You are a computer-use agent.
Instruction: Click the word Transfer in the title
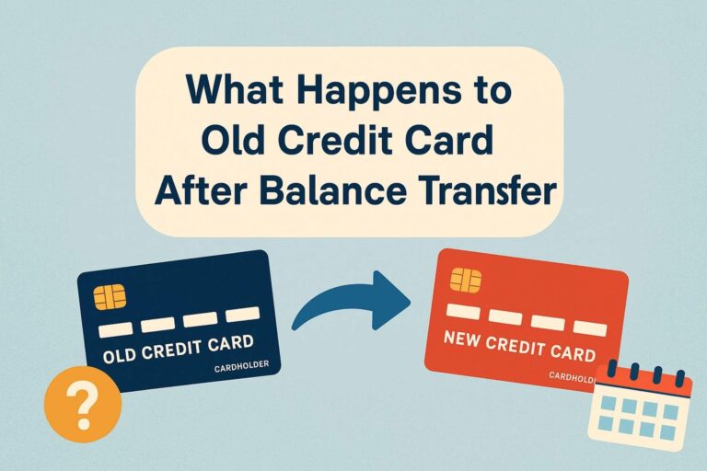click(484, 191)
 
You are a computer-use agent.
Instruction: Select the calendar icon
click(640, 406)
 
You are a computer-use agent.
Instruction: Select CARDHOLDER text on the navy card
click(237, 367)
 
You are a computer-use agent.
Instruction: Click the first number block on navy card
click(115, 329)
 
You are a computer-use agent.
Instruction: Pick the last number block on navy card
click(243, 315)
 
